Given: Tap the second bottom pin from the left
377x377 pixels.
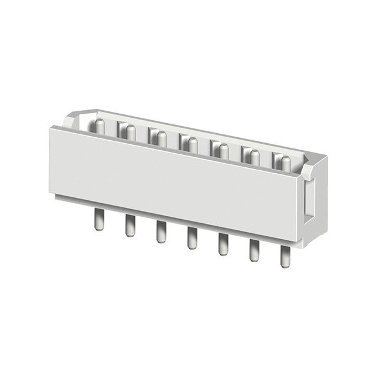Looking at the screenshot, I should [130, 227].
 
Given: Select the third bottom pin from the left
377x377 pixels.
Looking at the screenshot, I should [161, 232].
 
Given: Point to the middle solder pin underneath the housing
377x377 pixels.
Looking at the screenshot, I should [192, 238].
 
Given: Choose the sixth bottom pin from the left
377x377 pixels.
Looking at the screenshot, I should [254, 251].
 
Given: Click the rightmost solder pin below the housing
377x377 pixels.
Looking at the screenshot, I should [286, 257].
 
